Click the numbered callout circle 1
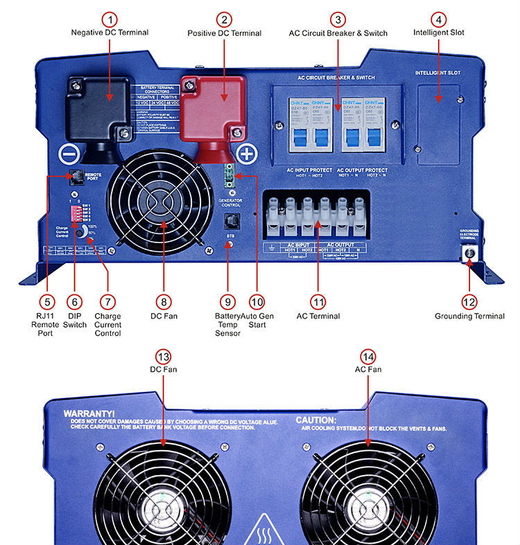[110, 19]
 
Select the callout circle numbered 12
[469, 302]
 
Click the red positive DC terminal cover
[214, 104]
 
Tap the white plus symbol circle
[247, 153]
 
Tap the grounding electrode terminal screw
[469, 253]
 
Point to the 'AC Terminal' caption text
[318, 316]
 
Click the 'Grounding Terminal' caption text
[469, 316]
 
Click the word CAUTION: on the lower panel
[316, 420]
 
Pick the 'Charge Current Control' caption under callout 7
[107, 325]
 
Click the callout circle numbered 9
[227, 302]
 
